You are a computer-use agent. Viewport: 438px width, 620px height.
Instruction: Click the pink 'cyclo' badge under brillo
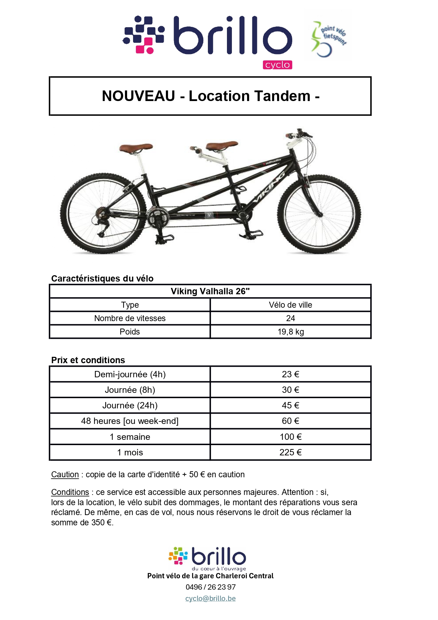[277, 65]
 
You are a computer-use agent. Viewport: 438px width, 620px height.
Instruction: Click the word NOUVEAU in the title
[138, 96]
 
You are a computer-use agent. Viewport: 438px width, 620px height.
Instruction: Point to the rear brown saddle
[136, 147]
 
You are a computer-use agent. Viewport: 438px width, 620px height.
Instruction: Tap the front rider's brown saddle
[222, 144]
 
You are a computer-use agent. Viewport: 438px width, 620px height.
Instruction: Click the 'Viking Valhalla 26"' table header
[210, 291]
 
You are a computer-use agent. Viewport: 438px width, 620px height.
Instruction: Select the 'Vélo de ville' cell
[290, 305]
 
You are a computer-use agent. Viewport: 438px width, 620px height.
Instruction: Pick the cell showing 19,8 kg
[290, 332]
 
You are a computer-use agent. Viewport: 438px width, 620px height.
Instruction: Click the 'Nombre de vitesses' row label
[130, 318]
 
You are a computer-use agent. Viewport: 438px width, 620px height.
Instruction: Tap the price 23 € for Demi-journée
[290, 374]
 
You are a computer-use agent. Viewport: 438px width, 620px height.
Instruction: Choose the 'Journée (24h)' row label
[130, 406]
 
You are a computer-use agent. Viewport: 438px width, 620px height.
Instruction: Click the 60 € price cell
[290, 421]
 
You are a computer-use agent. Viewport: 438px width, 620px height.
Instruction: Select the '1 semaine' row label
[130, 437]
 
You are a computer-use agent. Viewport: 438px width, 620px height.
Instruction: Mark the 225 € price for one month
[290, 453]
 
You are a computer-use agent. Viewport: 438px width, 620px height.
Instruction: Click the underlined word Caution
[65, 474]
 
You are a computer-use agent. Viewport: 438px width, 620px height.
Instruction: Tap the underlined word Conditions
[70, 492]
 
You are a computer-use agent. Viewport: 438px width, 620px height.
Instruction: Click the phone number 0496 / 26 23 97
[210, 587]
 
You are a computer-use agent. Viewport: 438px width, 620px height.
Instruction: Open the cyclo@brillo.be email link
[210, 598]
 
